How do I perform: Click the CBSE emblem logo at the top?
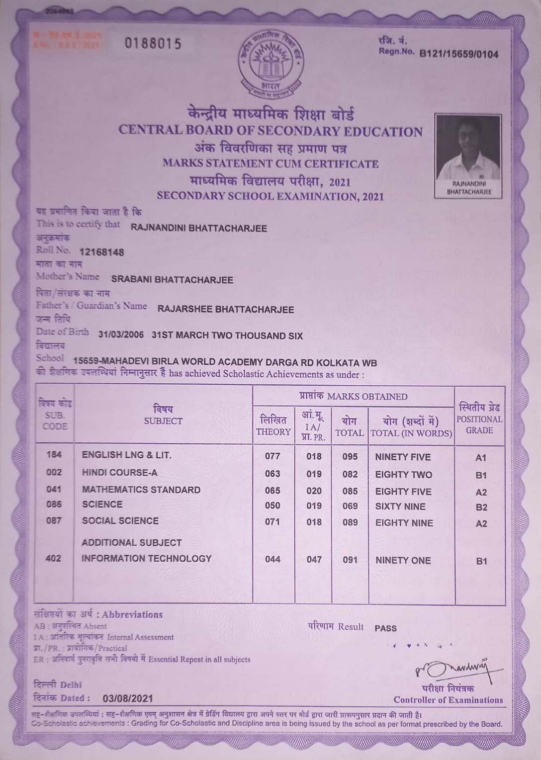pos(269,65)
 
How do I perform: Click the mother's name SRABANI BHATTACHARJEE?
pos(172,280)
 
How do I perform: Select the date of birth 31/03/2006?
pos(121,336)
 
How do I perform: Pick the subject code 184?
pos(54,455)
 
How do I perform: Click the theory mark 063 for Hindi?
pos(272,474)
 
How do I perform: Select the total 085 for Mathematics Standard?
pos(350,491)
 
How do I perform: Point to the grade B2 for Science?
pos(481,507)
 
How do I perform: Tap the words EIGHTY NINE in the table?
pos(404,523)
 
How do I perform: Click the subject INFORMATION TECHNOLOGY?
pos(147,559)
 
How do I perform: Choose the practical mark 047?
pos(314,560)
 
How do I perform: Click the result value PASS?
pos(385,628)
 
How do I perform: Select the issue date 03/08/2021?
pos(127,698)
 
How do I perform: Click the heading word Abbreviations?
pos(132,615)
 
